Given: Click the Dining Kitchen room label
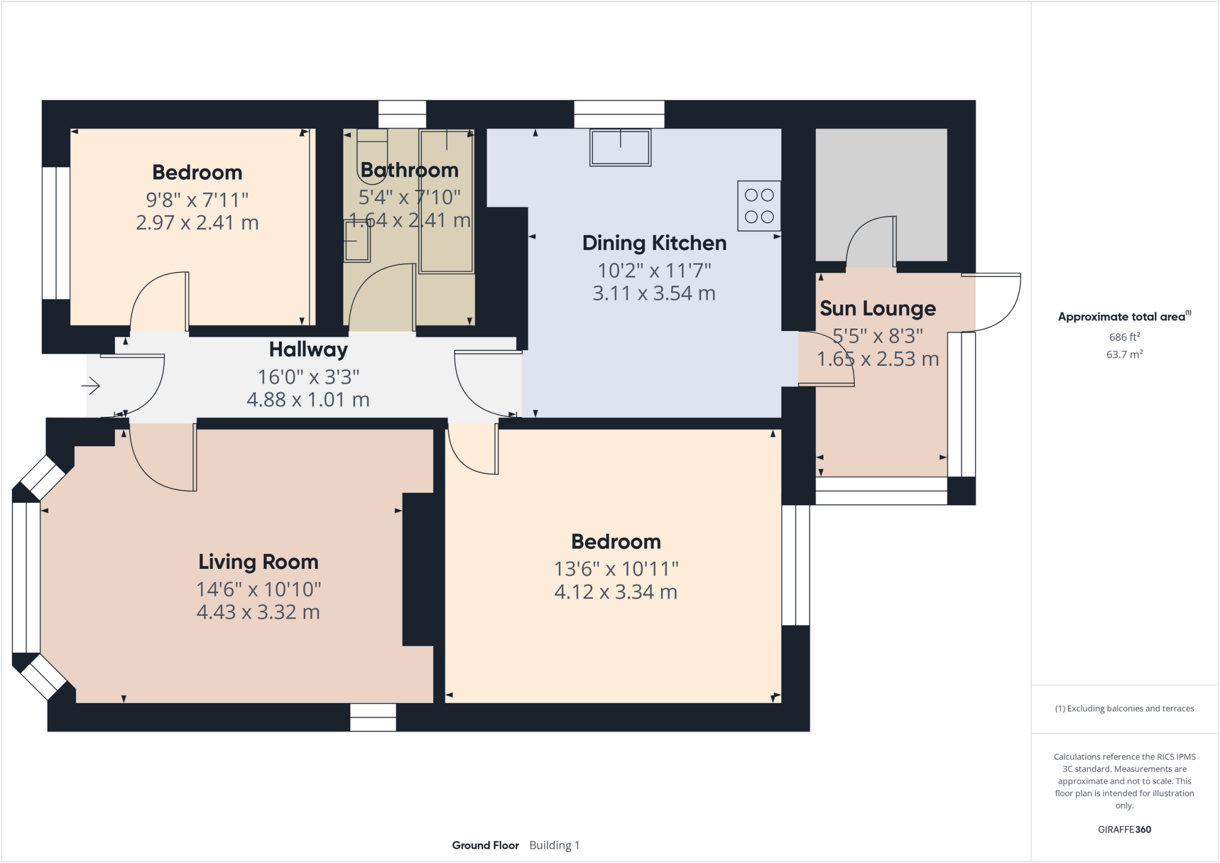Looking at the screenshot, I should click(x=654, y=243).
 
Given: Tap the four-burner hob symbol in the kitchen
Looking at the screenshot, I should click(x=759, y=205).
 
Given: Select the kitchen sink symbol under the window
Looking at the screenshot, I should click(x=620, y=147).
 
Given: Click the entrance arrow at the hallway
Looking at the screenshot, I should click(x=91, y=386).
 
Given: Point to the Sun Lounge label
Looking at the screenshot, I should click(x=877, y=309).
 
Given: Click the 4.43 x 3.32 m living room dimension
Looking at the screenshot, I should click(x=258, y=612).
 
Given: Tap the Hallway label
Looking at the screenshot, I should click(x=308, y=350).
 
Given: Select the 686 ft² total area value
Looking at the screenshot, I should click(x=1124, y=337).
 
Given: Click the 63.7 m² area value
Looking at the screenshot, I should click(x=1124, y=354).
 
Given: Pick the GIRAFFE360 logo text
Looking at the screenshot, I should click(x=1124, y=829).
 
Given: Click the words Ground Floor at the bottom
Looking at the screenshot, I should click(x=485, y=845).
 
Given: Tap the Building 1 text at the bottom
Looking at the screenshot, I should click(x=554, y=845).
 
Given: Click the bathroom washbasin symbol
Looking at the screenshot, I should click(x=357, y=241).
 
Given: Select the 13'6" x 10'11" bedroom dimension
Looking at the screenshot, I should click(x=616, y=569).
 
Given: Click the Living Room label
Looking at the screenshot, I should click(x=258, y=562).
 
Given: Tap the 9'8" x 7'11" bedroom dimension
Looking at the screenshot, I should click(x=197, y=200).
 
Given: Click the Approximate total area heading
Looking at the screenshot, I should click(x=1123, y=317).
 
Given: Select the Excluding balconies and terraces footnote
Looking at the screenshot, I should click(x=1124, y=709).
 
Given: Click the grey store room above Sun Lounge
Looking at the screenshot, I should click(x=881, y=179).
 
